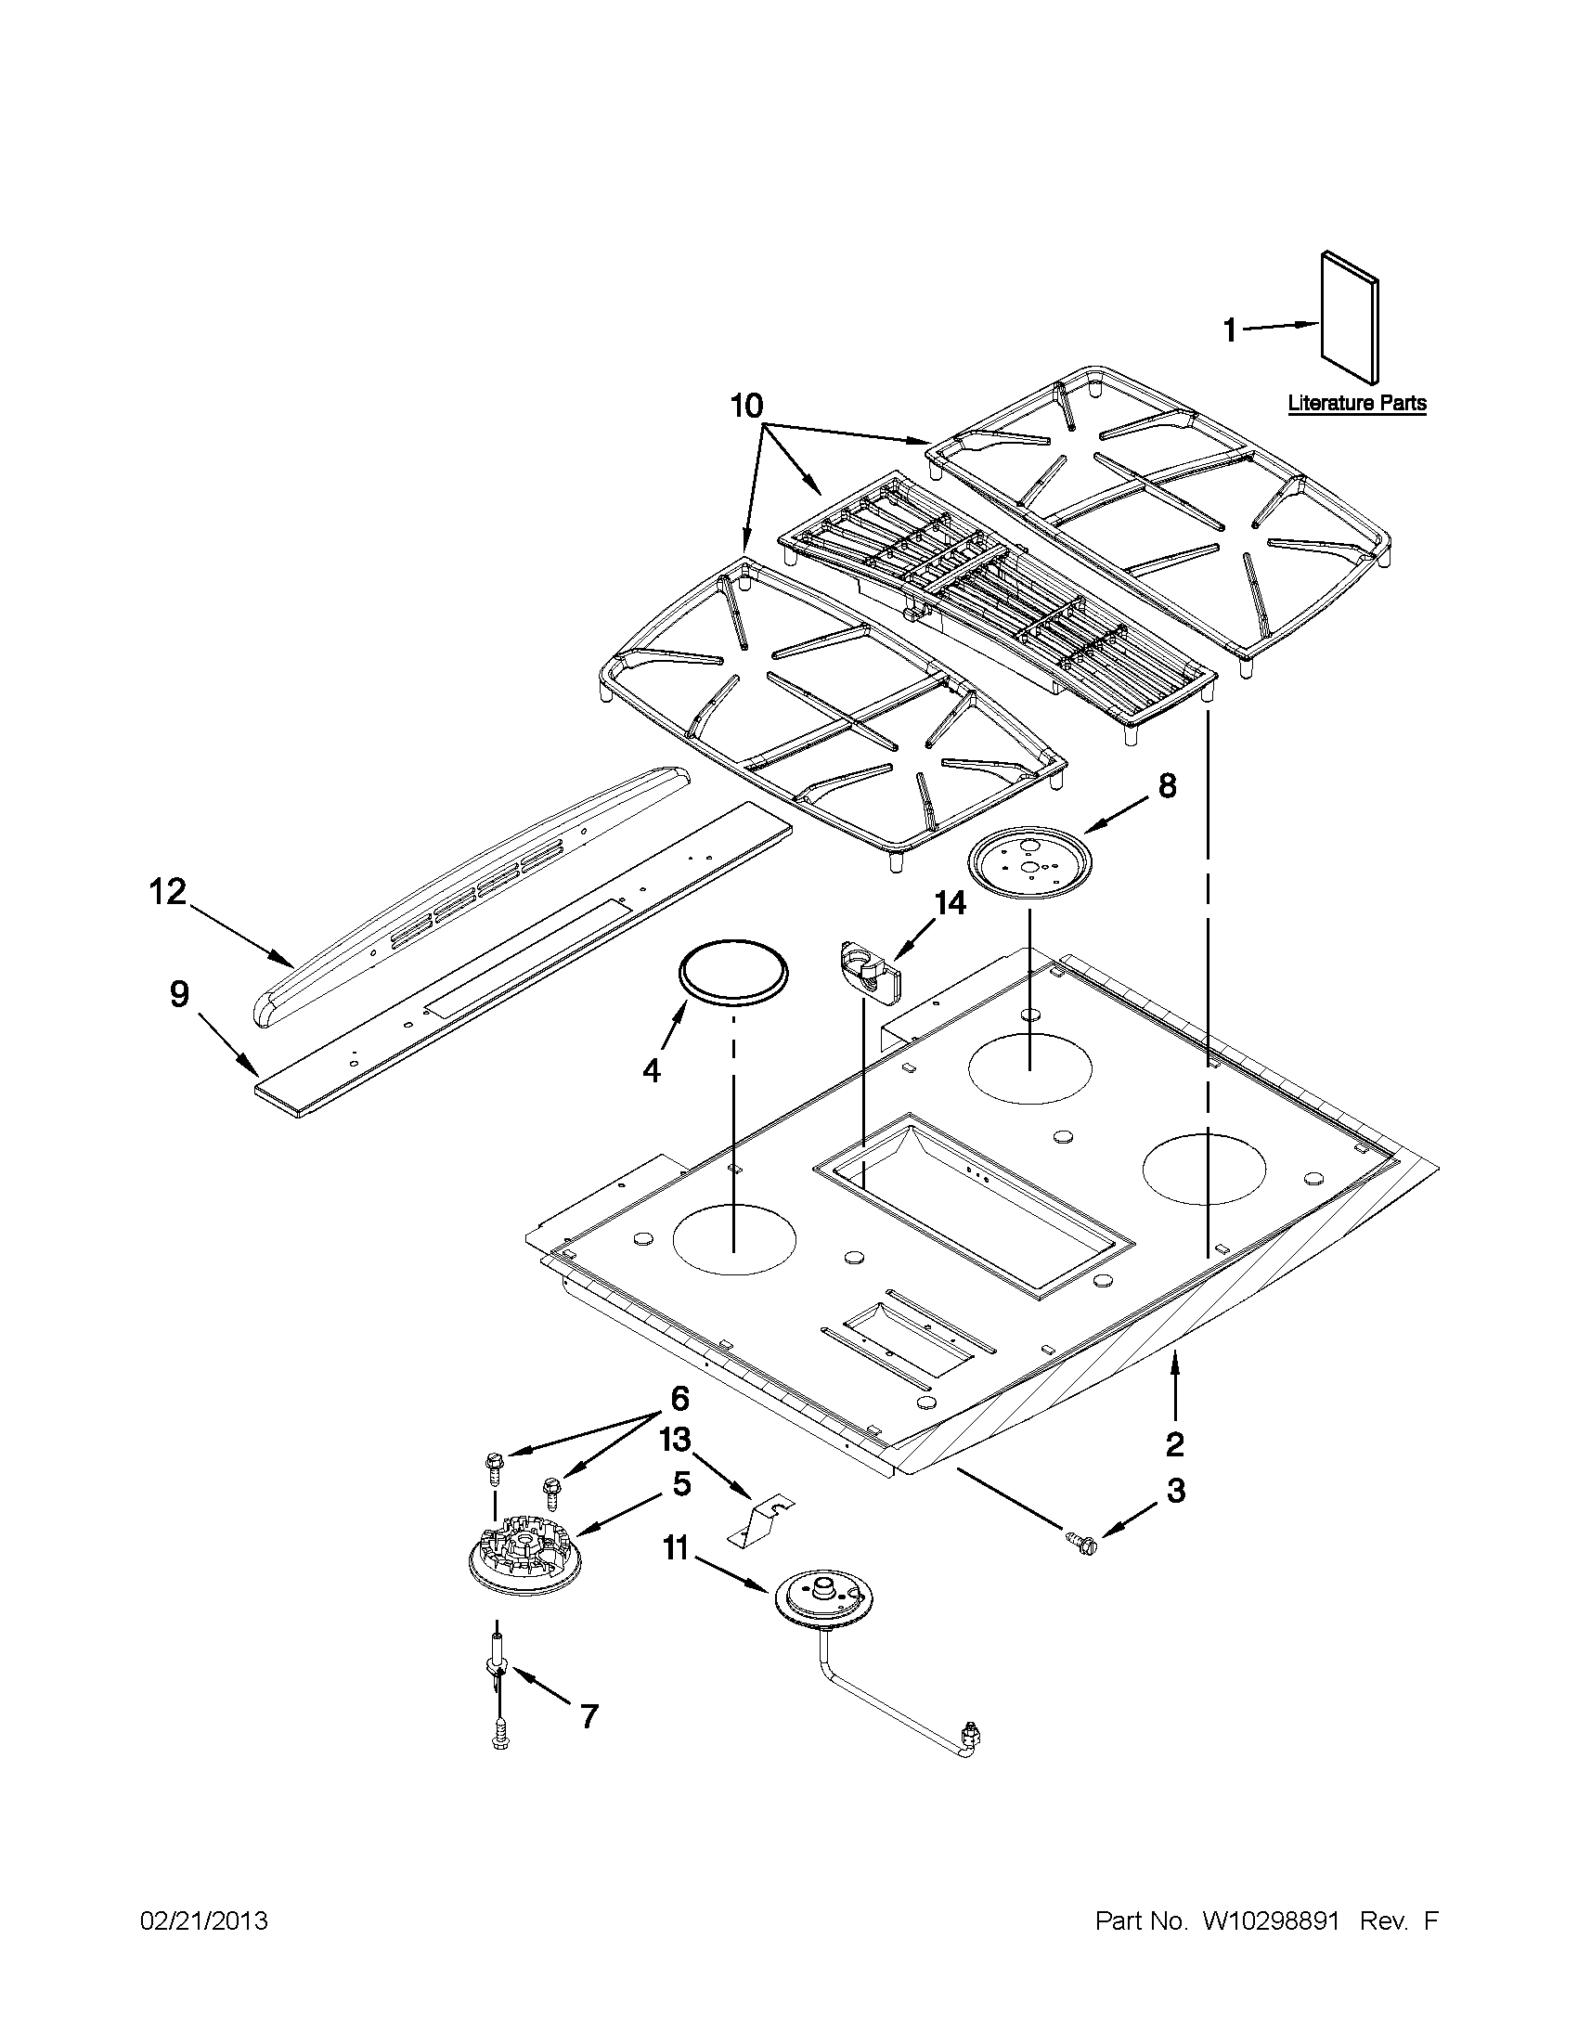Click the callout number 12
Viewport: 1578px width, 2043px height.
[168, 892]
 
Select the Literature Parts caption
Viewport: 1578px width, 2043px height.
[1357, 404]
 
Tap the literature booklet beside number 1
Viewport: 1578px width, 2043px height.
[1349, 318]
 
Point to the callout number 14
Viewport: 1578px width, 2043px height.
[948, 902]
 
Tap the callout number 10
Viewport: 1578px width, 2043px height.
[746, 405]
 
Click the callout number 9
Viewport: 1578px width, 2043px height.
[178, 994]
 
